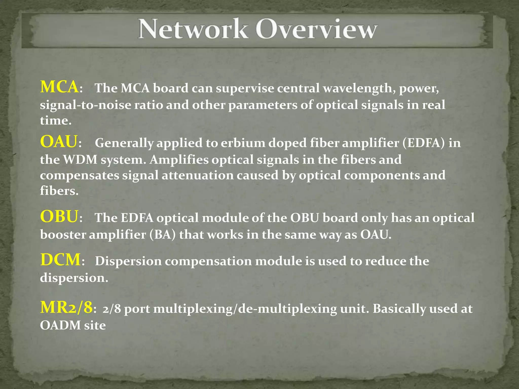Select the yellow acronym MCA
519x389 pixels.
click(59, 87)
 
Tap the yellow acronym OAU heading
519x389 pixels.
click(59, 141)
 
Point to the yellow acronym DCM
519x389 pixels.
click(60, 260)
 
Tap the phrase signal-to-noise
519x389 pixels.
click(85, 105)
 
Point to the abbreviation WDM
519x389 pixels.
click(80, 160)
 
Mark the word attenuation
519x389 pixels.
click(198, 175)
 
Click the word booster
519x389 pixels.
click(63, 235)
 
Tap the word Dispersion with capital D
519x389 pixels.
click(128, 261)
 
